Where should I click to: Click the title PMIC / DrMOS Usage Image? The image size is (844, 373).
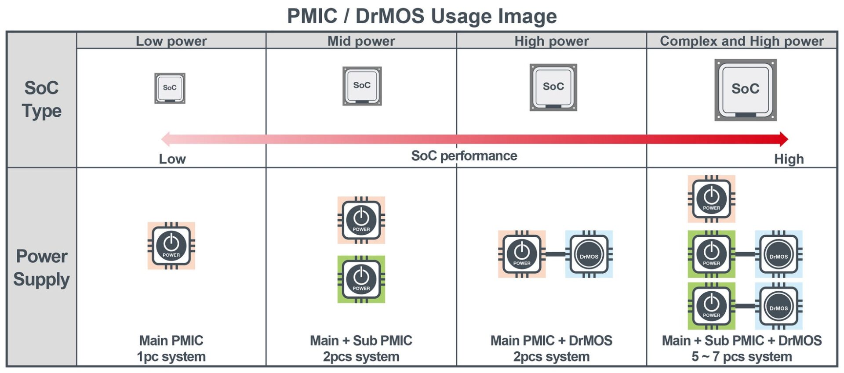(422, 16)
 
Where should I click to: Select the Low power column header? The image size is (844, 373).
(171, 41)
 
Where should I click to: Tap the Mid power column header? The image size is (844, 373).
(361, 41)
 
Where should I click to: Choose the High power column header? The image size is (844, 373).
(551, 41)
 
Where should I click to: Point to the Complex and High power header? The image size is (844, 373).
(742, 41)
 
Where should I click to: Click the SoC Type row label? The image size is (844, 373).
(41, 99)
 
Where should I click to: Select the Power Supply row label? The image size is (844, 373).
(41, 268)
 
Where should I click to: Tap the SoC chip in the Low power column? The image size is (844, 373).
(170, 88)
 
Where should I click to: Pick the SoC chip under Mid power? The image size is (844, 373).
(362, 86)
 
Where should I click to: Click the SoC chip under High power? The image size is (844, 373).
(553, 87)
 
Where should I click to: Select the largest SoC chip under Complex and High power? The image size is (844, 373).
(745, 90)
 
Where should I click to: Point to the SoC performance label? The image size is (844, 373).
(464, 156)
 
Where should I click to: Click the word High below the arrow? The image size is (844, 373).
(789, 159)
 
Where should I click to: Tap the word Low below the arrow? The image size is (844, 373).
(172, 159)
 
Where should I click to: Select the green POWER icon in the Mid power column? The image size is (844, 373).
(361, 279)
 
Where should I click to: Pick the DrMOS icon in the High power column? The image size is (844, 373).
(589, 254)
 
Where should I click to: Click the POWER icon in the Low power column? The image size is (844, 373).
(171, 246)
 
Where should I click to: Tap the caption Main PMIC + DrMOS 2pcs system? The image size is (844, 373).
(551, 348)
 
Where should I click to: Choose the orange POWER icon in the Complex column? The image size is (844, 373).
(711, 199)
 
